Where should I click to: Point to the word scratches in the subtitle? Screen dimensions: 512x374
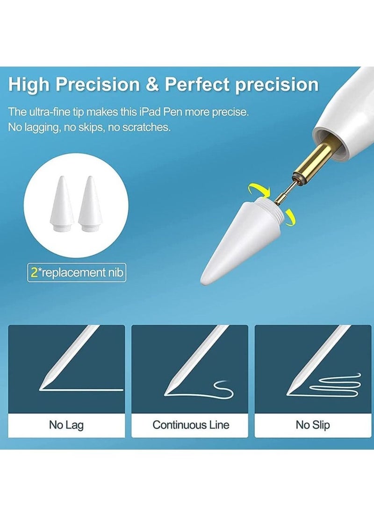click(x=146, y=127)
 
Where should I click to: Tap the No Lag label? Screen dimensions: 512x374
click(x=66, y=425)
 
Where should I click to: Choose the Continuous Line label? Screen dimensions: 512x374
click(x=191, y=425)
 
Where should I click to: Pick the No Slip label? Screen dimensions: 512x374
click(x=313, y=425)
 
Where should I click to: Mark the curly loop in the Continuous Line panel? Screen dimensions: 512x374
click(x=220, y=385)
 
